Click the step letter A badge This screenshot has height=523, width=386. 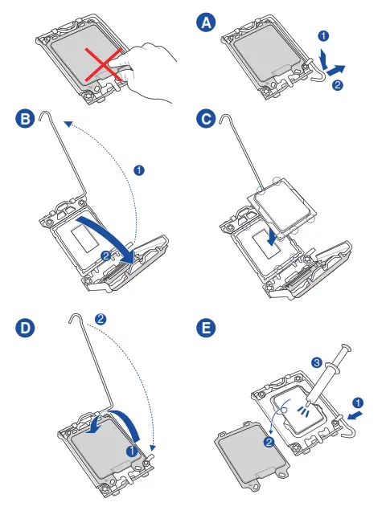click(206, 22)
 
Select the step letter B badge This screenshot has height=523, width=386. click(25, 119)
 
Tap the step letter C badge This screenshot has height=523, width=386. click(206, 119)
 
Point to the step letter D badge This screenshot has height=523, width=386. click(25, 328)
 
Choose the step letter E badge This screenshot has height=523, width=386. click(206, 328)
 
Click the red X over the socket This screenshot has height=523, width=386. click(103, 64)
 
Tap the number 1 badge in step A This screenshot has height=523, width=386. click(323, 35)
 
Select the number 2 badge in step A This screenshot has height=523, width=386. click(338, 84)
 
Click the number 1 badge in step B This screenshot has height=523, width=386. click(139, 170)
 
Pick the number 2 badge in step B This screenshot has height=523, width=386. click(106, 255)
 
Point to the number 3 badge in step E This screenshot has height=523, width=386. click(317, 362)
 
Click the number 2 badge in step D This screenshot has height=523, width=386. click(101, 319)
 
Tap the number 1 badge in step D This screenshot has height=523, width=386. click(132, 451)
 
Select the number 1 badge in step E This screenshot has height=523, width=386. click(358, 402)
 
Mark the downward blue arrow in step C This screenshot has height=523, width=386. click(273, 238)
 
